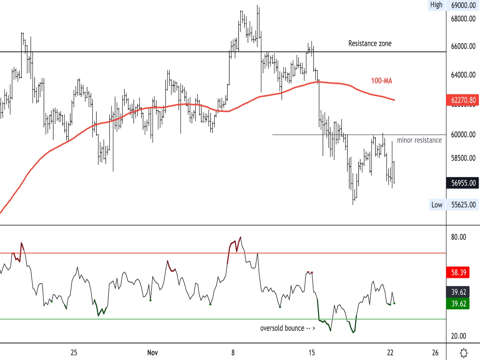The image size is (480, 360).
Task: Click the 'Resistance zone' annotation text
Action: click(370, 43)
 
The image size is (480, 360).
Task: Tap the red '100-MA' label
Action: click(382, 81)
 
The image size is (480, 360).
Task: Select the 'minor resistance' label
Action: click(419, 140)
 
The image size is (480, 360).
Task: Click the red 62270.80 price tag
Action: click(463, 100)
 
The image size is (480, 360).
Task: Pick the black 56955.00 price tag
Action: click(463, 183)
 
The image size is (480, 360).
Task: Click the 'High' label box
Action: click(436, 5)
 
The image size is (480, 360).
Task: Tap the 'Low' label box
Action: click(437, 205)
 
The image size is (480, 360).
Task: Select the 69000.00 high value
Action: click(463, 5)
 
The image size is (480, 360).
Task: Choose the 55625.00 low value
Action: click(463, 205)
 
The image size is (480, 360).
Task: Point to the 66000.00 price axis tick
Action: click(463, 46)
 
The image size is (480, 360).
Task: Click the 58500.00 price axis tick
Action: click(463, 158)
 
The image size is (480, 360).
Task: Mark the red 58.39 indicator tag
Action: click(458, 273)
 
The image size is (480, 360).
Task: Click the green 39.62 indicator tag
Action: click(458, 304)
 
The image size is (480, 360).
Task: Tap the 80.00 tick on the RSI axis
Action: click(458, 237)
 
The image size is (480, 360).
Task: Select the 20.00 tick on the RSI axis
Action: click(458, 336)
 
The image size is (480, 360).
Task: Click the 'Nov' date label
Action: click(152, 353)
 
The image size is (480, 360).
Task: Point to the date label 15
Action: click(311, 353)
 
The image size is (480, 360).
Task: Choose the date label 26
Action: click(435, 353)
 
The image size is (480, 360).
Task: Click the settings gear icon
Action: click(463, 353)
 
